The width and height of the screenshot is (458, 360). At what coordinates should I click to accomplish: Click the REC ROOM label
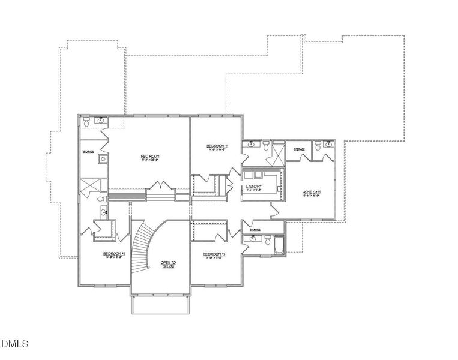[x=151, y=157]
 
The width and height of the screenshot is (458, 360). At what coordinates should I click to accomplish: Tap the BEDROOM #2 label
[x=217, y=146]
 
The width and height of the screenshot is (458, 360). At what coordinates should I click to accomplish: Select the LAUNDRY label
[x=253, y=187]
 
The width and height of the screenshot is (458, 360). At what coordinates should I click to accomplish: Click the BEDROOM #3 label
[x=214, y=254]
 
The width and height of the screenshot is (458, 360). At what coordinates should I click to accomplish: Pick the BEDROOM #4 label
[x=113, y=254]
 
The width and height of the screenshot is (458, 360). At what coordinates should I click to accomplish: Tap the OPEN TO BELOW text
[x=167, y=265]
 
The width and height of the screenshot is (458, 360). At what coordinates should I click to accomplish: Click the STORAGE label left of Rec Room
[x=88, y=152]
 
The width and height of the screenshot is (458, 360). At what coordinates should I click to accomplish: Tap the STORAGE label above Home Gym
[x=299, y=149]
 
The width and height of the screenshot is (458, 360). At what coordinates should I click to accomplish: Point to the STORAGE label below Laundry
[x=255, y=229]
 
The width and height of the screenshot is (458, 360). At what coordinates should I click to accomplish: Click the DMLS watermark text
[x=14, y=344]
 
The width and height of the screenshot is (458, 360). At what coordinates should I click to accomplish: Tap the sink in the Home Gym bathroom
[x=328, y=144]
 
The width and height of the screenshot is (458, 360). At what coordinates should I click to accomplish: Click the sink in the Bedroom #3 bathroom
[x=253, y=238]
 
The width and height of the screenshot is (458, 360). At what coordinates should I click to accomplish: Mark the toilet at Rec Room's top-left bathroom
[x=88, y=122]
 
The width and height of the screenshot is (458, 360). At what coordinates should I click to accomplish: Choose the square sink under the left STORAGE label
[x=103, y=160]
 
